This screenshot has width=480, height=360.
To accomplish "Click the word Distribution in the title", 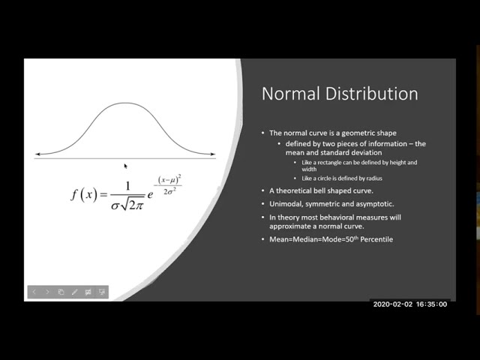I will point(370,94).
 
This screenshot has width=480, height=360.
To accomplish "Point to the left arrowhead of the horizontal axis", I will point(37,154).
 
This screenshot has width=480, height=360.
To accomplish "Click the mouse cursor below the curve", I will point(125,166).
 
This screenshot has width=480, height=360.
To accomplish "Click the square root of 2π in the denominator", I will point(133,202).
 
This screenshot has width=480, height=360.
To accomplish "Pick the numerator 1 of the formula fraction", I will point(127,187).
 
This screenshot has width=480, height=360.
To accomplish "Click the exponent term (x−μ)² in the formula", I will point(169,179).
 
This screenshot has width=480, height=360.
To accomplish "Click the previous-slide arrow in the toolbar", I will point(34,292).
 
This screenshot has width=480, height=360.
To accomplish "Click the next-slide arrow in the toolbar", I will point(47,292).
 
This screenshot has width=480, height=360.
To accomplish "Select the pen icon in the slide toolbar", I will point(74,292).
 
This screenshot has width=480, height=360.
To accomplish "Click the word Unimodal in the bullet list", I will point(288,204).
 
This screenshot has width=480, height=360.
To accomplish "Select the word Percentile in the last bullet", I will point(373,239).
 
